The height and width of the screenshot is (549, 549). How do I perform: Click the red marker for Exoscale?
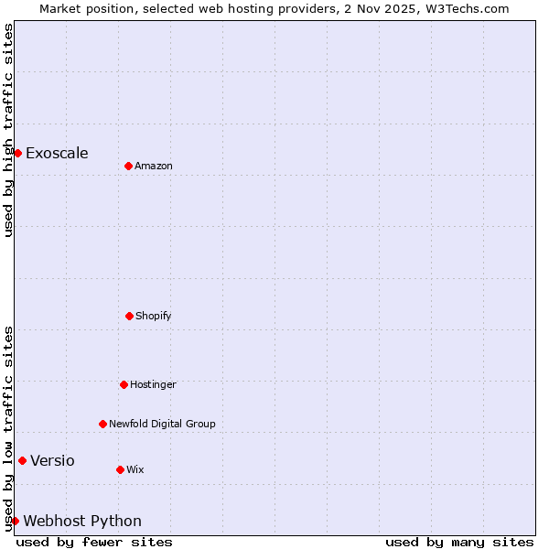pyautogui.click(x=17, y=153)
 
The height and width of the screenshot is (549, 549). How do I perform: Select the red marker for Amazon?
pyautogui.click(x=128, y=166)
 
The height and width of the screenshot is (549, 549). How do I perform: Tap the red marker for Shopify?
pyautogui.click(x=129, y=316)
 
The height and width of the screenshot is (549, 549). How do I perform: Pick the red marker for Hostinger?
pyautogui.click(x=124, y=384)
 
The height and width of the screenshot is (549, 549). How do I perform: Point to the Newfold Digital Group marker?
pyautogui.click(x=102, y=424)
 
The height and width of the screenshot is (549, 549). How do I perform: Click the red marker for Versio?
pyautogui.click(x=22, y=460)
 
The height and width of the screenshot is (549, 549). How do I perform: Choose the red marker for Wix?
pyautogui.click(x=120, y=469)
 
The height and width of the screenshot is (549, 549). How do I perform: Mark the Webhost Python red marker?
pyautogui.click(x=15, y=521)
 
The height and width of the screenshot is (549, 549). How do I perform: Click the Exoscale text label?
pyautogui.click(x=57, y=153)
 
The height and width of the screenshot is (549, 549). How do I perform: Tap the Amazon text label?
pyautogui.click(x=154, y=166)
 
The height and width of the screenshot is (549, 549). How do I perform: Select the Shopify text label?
pyautogui.click(x=154, y=316)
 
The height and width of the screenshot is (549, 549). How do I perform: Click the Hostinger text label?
pyautogui.click(x=153, y=384)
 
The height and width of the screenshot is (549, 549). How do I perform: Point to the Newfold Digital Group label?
pyautogui.click(x=162, y=424)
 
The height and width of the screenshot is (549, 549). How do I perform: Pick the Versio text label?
pyautogui.click(x=52, y=460)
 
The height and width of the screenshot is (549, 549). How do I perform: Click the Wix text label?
pyautogui.click(x=135, y=469)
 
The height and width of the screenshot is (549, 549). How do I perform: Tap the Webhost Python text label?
pyautogui.click(x=82, y=521)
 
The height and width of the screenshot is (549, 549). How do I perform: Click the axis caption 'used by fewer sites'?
pyautogui.click(x=94, y=542)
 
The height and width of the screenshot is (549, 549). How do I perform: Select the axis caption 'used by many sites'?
pyautogui.click(x=459, y=542)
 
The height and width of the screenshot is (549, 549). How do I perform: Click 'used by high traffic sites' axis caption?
pyautogui.click(x=8, y=130)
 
